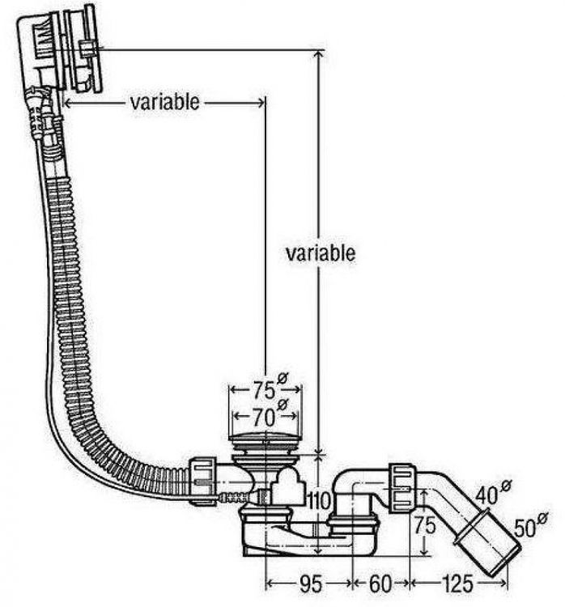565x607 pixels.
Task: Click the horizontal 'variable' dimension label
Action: pyautogui.click(x=164, y=103)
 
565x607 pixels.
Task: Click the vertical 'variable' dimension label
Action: pyautogui.click(x=320, y=253)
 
